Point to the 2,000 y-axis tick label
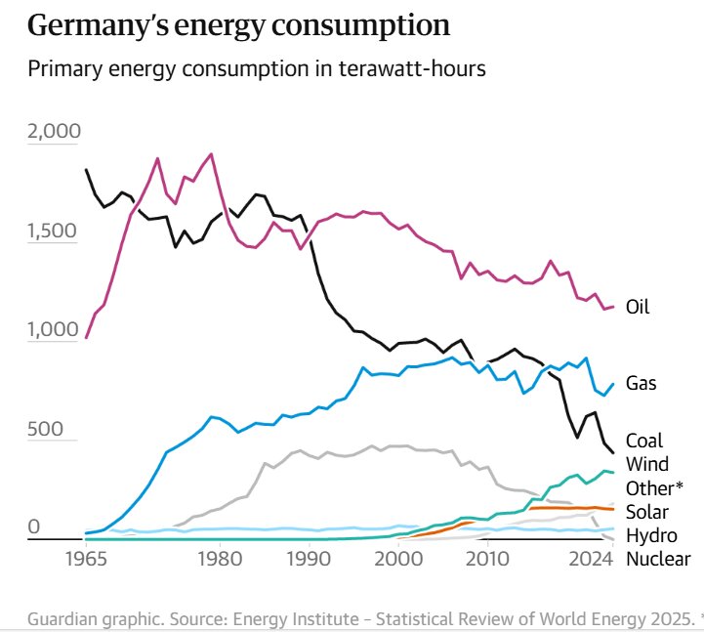coord(55,132)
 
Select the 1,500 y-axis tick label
coord(55,232)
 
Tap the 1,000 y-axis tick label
coord(55,330)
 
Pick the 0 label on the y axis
coord(34,528)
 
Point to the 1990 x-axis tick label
coord(309,559)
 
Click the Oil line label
coord(638,308)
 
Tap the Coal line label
coord(644,441)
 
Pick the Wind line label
coord(646,464)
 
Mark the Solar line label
coord(646,512)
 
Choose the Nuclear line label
coord(658,560)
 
